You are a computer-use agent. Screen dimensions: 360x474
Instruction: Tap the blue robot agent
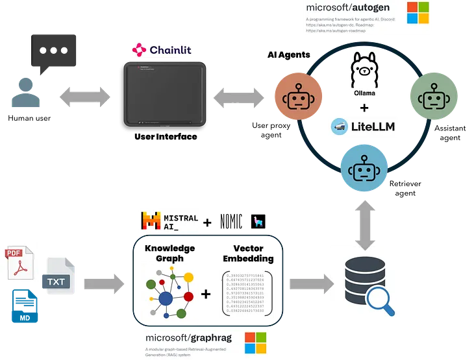point(362,170)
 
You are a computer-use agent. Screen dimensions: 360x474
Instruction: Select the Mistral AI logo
point(169,221)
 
